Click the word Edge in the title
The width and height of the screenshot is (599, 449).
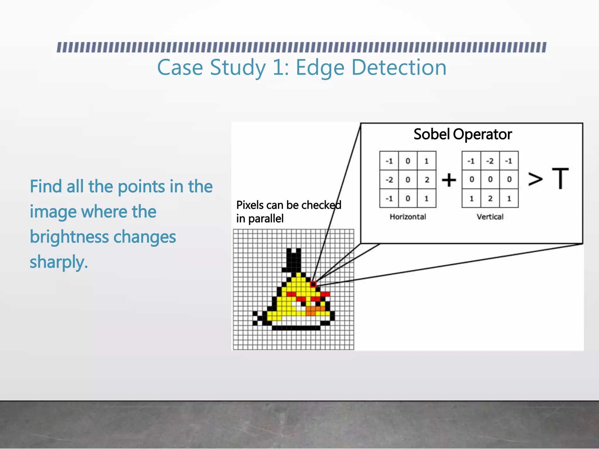[x=320, y=68]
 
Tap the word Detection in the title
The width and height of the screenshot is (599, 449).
[x=399, y=67]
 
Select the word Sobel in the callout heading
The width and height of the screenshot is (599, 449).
[x=431, y=134]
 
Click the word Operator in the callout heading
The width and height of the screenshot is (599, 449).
[x=482, y=134]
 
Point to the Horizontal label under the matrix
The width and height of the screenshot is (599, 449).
[x=408, y=217]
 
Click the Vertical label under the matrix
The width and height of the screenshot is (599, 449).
[x=490, y=217]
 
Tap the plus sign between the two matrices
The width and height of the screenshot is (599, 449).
[x=449, y=179]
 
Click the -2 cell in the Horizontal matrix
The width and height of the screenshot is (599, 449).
[x=389, y=179]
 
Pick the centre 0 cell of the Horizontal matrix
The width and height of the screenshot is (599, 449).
[x=408, y=179]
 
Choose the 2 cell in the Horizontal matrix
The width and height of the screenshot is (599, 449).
[x=427, y=179]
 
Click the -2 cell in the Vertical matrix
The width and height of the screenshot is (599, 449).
[x=490, y=161]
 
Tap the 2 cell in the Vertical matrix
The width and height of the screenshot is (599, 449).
[x=490, y=198]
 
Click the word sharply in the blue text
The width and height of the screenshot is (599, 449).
[x=58, y=262]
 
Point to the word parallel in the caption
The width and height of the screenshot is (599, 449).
[x=266, y=219]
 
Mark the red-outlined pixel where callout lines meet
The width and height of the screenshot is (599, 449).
[x=313, y=284]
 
